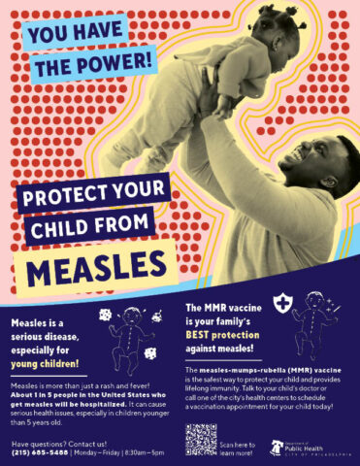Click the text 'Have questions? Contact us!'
(x=54, y=443)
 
